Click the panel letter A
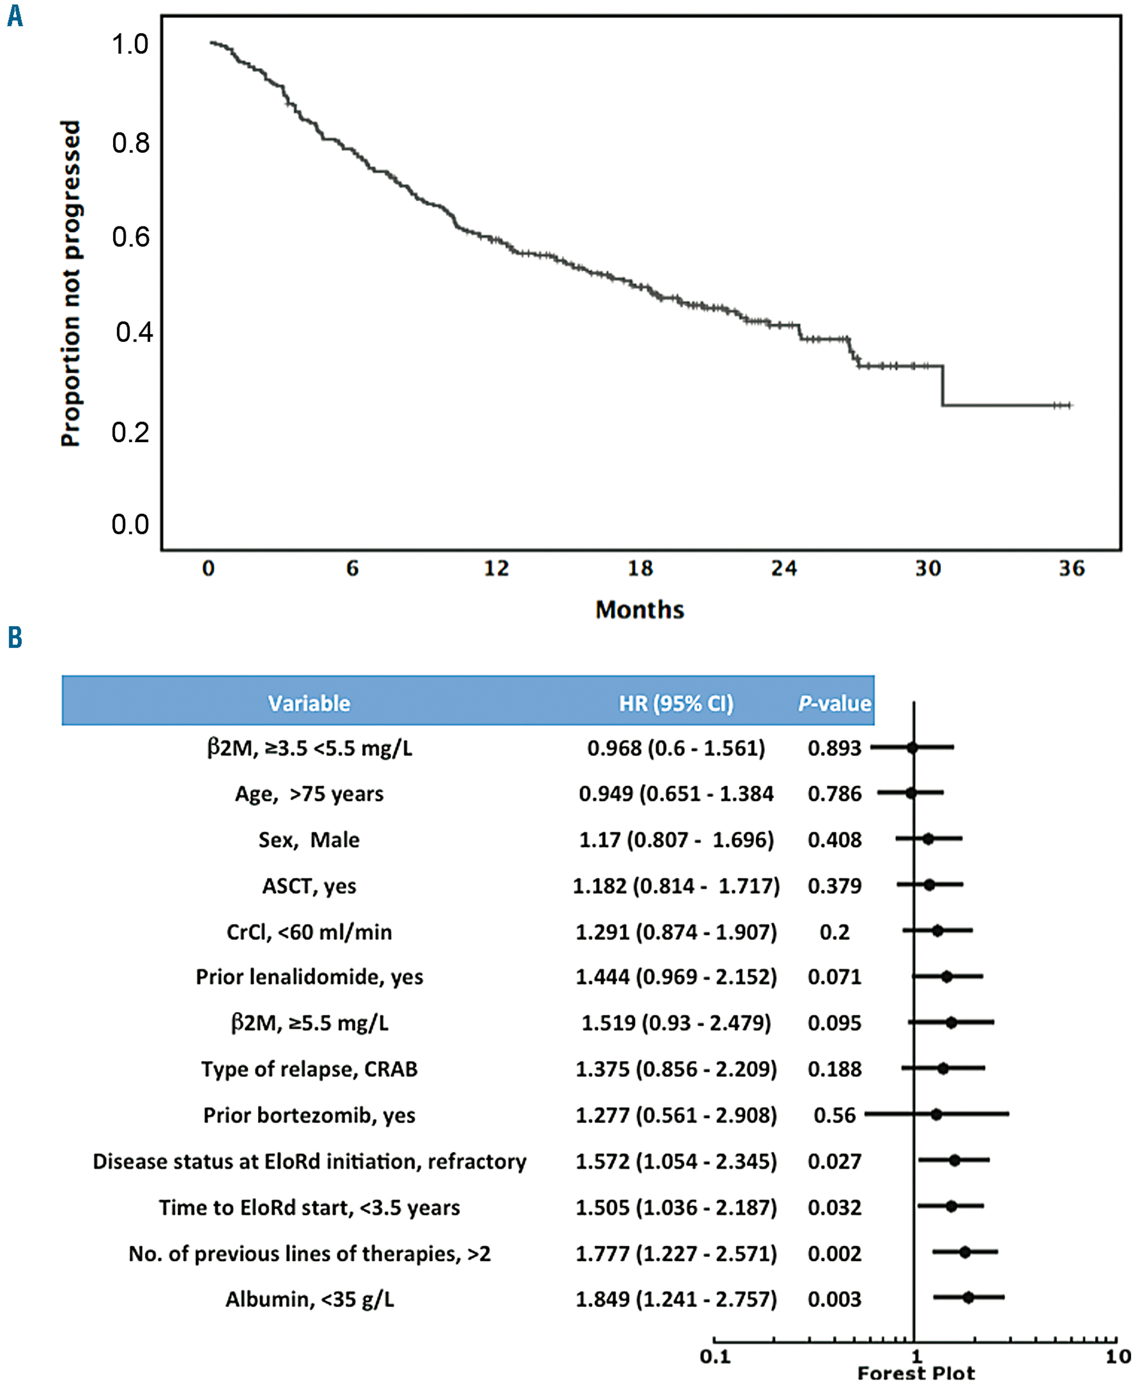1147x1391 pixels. click(14, 16)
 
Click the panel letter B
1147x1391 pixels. click(14, 638)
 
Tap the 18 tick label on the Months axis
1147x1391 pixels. click(639, 568)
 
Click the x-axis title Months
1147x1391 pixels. click(639, 609)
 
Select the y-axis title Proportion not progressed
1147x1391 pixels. click(71, 283)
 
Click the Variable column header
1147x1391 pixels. click(309, 703)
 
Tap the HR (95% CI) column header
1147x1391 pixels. click(675, 703)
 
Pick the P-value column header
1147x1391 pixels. click(834, 703)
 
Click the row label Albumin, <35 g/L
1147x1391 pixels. click(309, 1299)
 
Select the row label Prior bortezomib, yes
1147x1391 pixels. click(309, 1115)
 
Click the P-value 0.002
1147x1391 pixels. click(834, 1253)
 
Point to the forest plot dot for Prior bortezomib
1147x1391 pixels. click(935, 1114)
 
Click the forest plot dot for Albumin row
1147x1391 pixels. click(968, 1297)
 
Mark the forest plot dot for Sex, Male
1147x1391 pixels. click(928, 839)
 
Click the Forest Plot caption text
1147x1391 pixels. click(916, 1373)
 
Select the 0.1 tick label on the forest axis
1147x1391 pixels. click(715, 1357)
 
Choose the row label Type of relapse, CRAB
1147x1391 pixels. click(309, 1069)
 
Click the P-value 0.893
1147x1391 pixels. click(834, 748)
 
